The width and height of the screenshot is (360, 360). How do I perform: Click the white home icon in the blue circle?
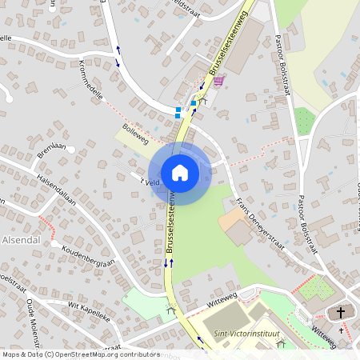tap(180, 173)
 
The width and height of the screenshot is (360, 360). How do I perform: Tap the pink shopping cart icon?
tap(218, 81)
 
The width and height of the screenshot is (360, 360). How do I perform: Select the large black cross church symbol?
tap(342, 313)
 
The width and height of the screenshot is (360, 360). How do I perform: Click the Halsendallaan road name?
tap(56, 191)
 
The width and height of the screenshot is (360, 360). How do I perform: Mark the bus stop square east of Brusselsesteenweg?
tap(193, 103)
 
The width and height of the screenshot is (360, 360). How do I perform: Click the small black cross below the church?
tap(341, 330)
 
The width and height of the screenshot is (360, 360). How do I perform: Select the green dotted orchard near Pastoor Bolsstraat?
tap(304, 122)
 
